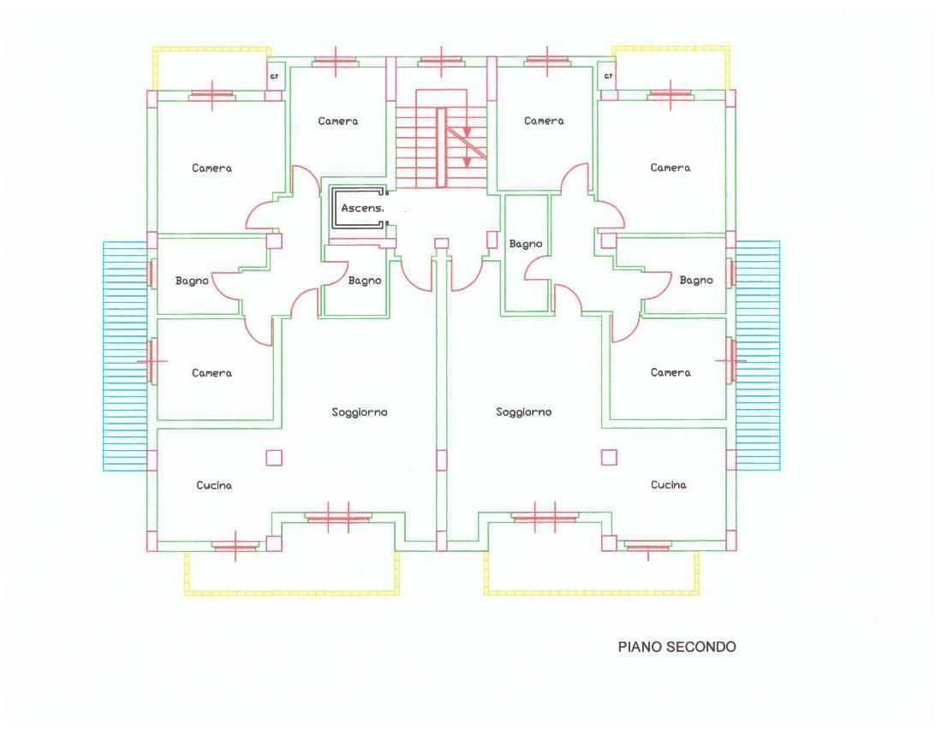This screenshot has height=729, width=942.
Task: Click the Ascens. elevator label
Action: coord(362,209)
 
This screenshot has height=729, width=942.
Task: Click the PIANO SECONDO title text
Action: coord(677,647)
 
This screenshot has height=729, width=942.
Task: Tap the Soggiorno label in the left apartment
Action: coord(360,412)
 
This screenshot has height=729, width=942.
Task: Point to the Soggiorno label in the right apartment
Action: coord(523,412)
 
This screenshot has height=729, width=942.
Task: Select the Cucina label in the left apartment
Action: coord(214,485)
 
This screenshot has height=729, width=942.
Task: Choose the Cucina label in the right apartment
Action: coord(668,484)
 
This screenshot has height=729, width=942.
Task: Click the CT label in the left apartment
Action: coord(275,76)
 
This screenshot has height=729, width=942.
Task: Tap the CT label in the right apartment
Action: coord(608,76)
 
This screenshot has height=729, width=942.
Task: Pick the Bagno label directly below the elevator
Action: coord(365,281)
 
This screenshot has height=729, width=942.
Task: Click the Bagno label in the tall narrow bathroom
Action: coord(526,245)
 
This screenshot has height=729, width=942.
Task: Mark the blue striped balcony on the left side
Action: coord(125,355)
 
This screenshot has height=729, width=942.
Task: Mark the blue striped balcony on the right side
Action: coord(758,355)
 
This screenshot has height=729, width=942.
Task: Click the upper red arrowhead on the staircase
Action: coord(466,132)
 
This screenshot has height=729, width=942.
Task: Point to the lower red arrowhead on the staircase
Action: coord(466,161)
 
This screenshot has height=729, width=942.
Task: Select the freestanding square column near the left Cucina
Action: coord(274,458)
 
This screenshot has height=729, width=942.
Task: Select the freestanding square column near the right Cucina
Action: coord(609,458)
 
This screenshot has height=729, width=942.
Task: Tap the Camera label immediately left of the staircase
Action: coord(337,121)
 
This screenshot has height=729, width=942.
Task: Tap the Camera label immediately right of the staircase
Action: coord(544,121)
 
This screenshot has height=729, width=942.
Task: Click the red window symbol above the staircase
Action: coord(441,62)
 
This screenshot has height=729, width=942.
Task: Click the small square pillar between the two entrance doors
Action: coord(442,243)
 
